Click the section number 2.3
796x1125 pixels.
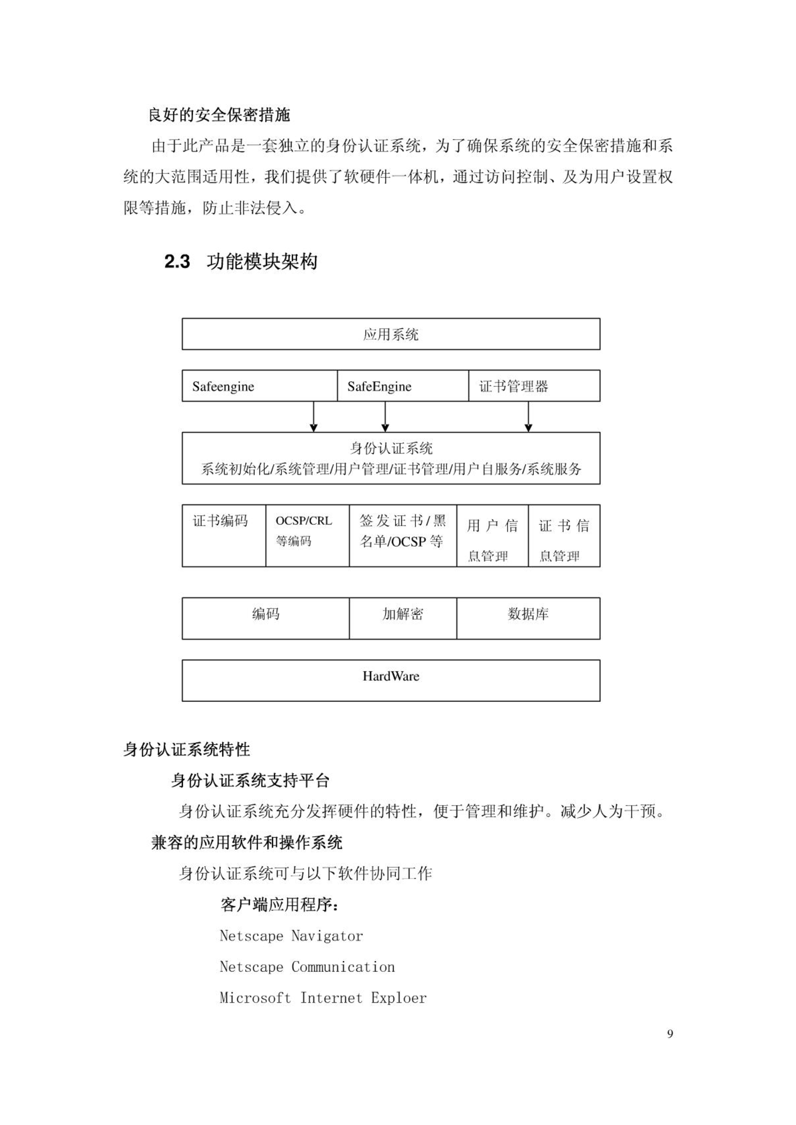click(177, 262)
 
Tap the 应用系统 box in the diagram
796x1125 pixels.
click(391, 334)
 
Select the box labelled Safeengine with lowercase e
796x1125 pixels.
click(260, 386)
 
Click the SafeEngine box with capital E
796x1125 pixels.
click(403, 386)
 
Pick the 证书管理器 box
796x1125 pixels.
click(534, 386)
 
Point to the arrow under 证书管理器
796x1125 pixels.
click(528, 417)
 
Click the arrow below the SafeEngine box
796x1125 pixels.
click(385, 417)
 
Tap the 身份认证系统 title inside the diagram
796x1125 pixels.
click(391, 448)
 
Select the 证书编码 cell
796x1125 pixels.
click(224, 536)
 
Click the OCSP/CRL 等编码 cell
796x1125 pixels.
click(307, 536)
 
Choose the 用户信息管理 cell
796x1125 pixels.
click(492, 536)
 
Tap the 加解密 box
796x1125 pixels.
click(403, 618)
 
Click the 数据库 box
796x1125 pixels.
click(528, 618)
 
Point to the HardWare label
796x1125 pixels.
click(391, 676)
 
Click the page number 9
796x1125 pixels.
click(670, 1034)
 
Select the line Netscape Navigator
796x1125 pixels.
click(291, 936)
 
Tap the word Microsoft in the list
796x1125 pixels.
click(255, 998)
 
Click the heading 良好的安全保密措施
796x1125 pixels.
click(219, 115)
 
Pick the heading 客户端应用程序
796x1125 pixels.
click(280, 905)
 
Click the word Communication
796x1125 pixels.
click(343, 967)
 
